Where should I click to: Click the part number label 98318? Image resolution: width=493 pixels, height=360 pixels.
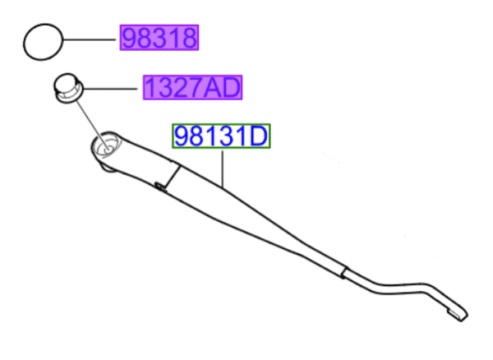[x=159, y=38]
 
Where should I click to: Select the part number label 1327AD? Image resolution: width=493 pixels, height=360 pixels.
[x=192, y=87]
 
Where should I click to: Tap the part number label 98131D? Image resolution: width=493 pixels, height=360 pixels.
[x=221, y=136]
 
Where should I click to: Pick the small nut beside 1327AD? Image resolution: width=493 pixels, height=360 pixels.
[x=68, y=88]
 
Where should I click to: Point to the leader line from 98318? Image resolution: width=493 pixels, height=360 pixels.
[x=90, y=39]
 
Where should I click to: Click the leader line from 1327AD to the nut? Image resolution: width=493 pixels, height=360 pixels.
[x=110, y=89]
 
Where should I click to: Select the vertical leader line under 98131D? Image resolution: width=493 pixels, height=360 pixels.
[x=223, y=168]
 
